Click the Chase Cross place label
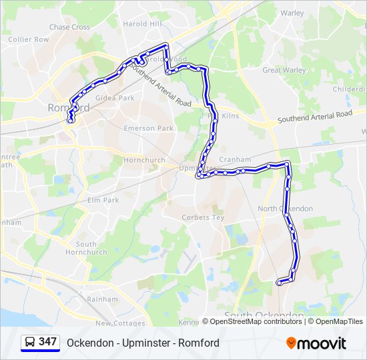click(69, 27)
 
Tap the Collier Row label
click(29, 39)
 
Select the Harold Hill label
click(143, 24)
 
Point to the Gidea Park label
click(115, 98)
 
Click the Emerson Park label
click(148, 128)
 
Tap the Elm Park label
click(103, 200)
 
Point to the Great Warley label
click(284, 70)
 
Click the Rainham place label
click(103, 299)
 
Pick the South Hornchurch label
click(91, 248)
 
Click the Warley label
click(292, 13)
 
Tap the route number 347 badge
click(40, 343)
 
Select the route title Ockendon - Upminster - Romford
click(143, 343)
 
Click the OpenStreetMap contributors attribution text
click(256, 321)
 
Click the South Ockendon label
click(264, 315)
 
